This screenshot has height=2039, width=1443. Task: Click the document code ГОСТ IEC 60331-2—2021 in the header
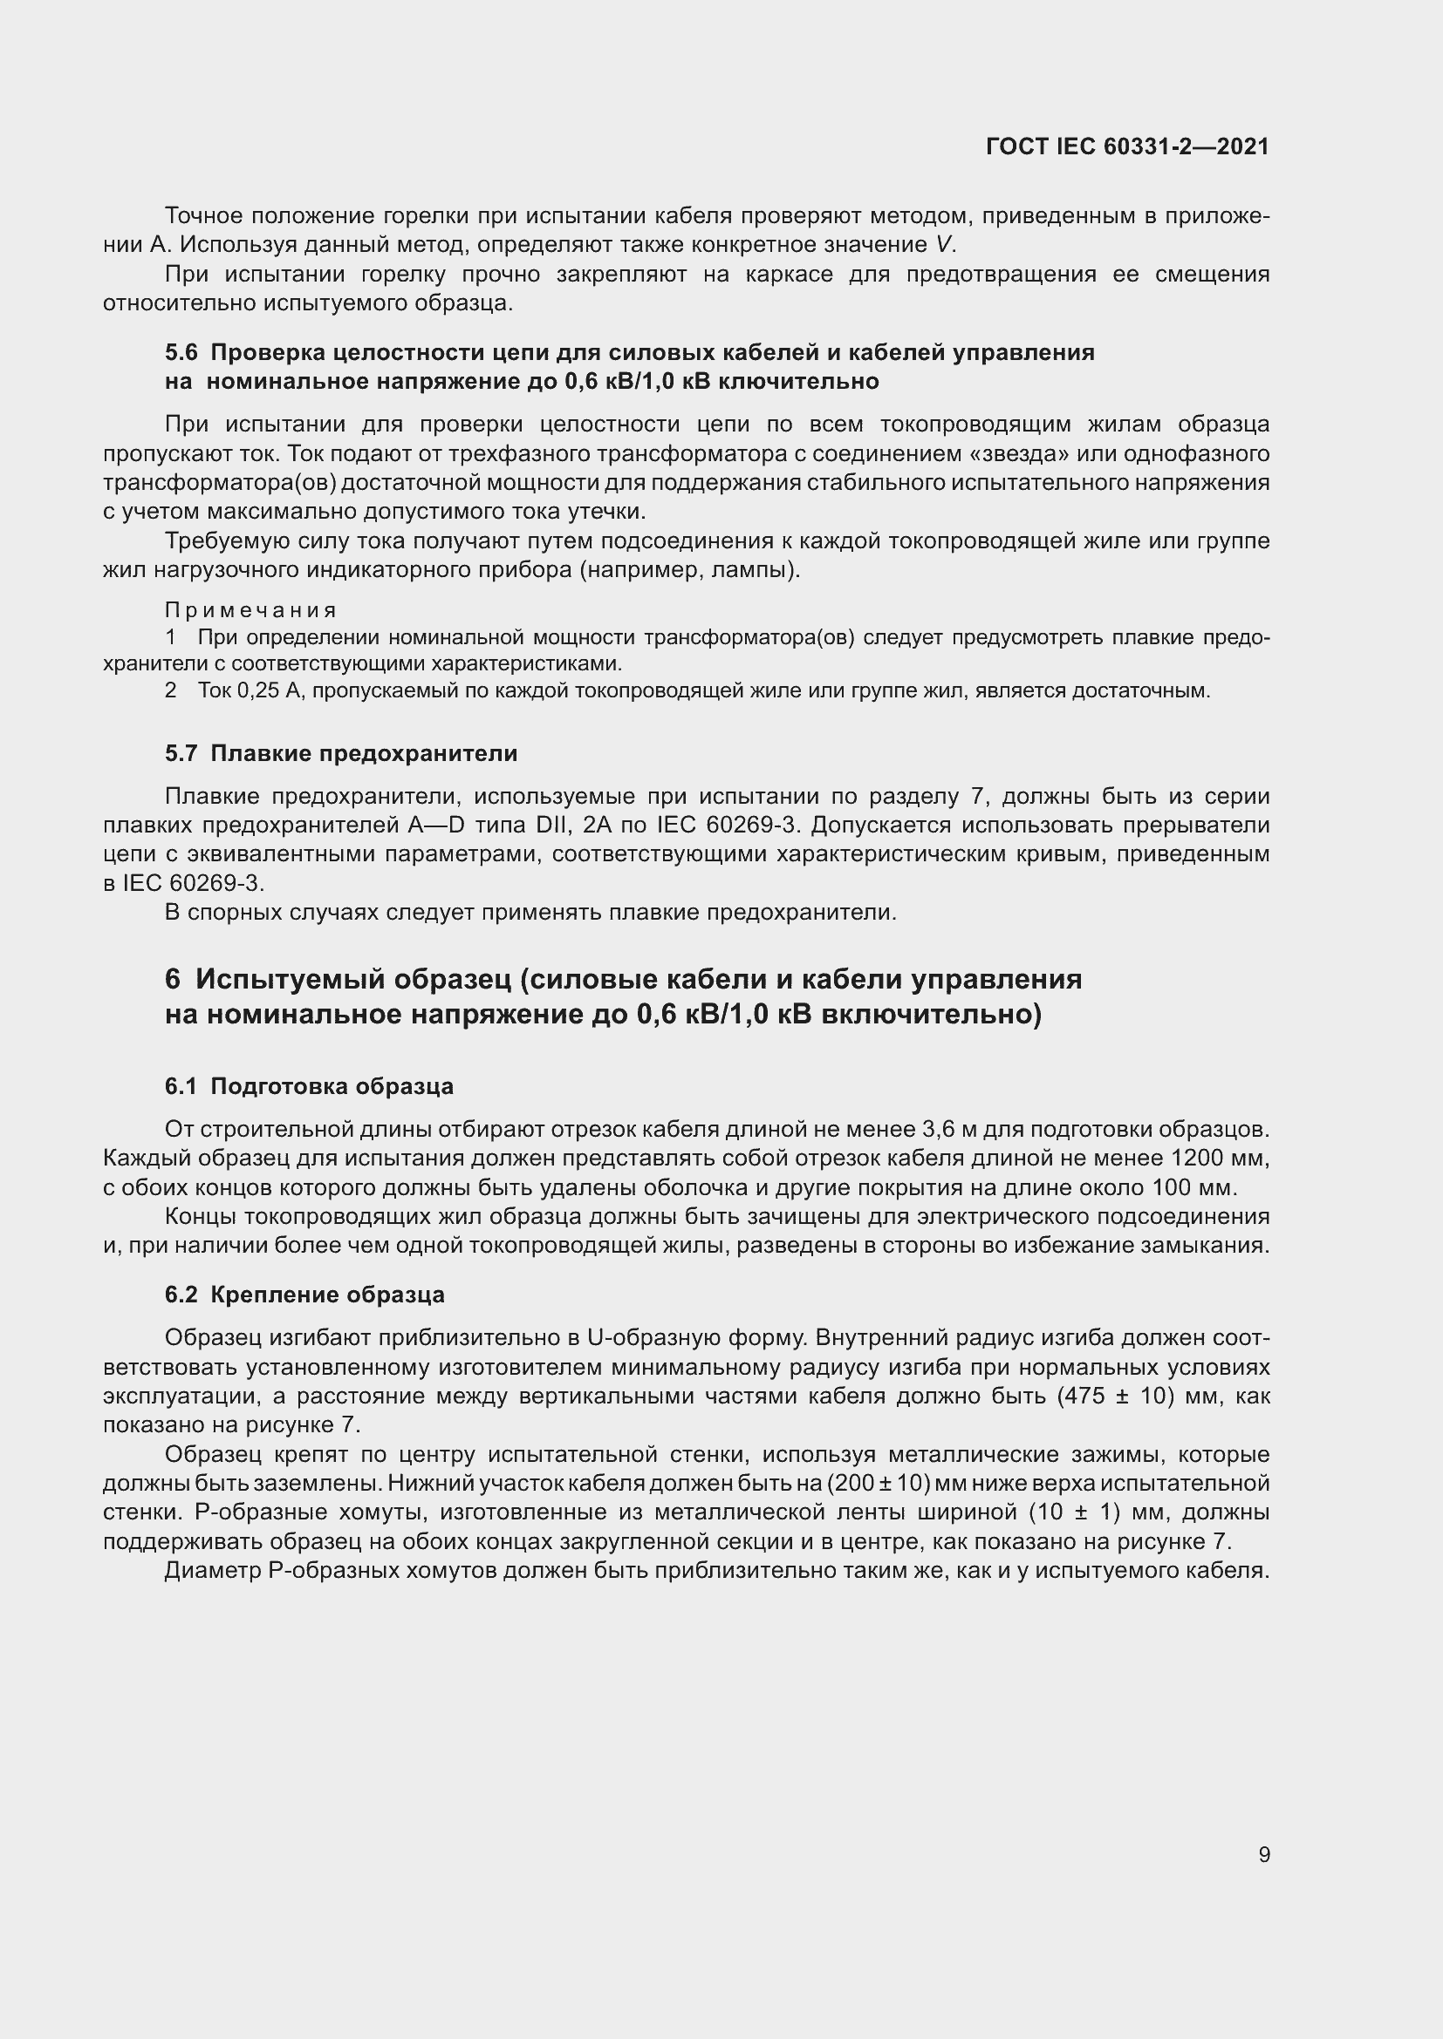(x=1126, y=146)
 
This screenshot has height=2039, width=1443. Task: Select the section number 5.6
(x=181, y=352)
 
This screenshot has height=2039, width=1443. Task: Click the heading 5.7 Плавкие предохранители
(x=340, y=753)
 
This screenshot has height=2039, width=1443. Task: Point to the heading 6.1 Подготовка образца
(x=308, y=1086)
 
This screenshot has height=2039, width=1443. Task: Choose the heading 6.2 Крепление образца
(x=304, y=1294)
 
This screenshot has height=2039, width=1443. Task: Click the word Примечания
(x=251, y=610)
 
